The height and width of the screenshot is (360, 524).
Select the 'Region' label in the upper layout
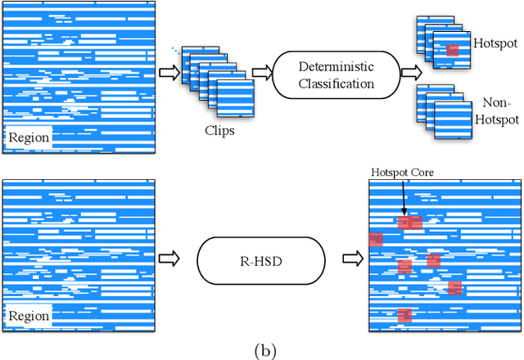coord(29,137)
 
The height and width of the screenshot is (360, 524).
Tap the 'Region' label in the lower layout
coord(29,316)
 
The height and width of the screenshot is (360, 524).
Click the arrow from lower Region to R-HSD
coord(169,259)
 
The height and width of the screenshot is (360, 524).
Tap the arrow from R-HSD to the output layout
coord(351,259)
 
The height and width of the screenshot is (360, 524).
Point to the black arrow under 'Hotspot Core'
coord(404,199)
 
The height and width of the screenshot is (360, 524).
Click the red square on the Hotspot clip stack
coord(453,51)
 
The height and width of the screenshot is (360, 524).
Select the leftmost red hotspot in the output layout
coord(376,239)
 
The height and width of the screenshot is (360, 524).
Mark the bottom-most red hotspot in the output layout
coord(404,315)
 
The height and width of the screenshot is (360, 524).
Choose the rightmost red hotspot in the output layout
coord(454,287)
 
